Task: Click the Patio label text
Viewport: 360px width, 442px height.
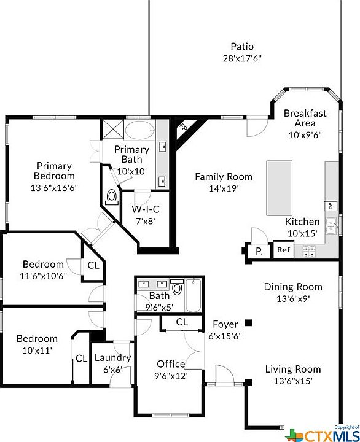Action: [241, 47]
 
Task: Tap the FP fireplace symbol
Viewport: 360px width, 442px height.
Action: [182, 127]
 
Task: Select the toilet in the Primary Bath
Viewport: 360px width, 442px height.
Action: [112, 196]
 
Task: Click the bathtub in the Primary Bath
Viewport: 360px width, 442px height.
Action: [141, 131]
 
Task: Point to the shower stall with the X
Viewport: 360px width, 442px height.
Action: [114, 130]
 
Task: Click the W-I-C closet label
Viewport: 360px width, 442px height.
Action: [146, 209]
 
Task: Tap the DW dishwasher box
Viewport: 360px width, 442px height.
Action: [331, 206]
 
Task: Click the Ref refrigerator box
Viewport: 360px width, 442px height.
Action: [283, 250]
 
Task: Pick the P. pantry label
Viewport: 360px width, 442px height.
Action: [259, 250]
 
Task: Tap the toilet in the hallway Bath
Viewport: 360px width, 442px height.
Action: [177, 288]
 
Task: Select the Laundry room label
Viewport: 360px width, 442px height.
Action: [112, 357]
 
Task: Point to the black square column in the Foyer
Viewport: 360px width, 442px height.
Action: [248, 322]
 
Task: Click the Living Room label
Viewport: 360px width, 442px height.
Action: [292, 369]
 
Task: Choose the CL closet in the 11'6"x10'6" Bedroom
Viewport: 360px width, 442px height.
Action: [93, 265]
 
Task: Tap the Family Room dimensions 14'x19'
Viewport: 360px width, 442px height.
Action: [223, 188]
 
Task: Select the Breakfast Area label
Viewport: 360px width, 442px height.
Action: [305, 114]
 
